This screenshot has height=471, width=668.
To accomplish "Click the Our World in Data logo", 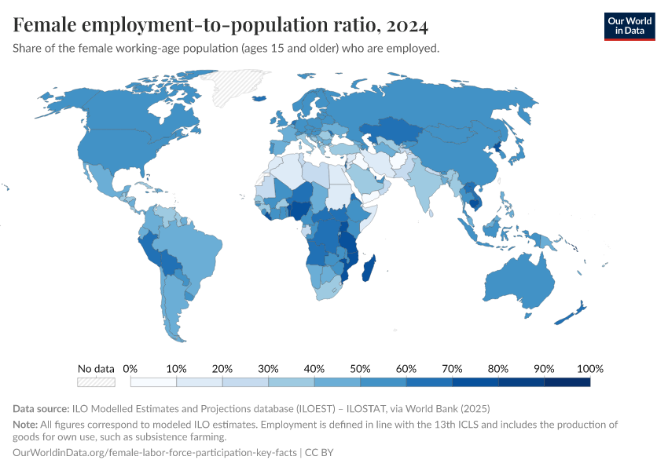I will [629, 26].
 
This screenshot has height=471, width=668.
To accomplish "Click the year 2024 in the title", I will [406, 26].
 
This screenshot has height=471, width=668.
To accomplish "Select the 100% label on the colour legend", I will [589, 368].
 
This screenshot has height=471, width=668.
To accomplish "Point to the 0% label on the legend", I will [130, 368].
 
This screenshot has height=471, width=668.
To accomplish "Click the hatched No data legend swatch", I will [96, 382].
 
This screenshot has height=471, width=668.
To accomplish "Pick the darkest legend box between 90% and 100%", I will [567, 382].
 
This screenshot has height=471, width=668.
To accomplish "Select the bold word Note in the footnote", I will [27, 424].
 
